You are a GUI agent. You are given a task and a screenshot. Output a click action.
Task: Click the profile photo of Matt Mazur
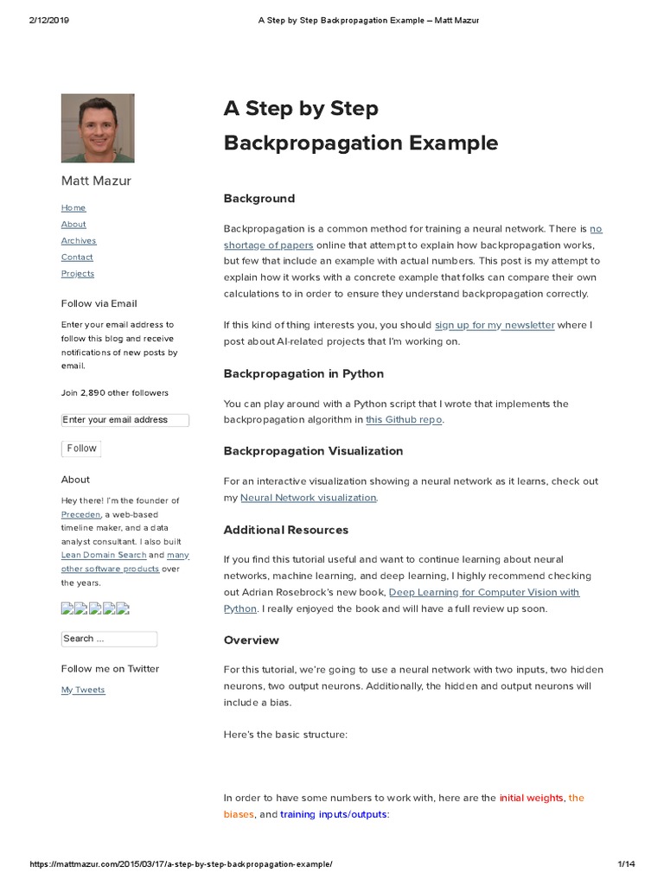(98, 128)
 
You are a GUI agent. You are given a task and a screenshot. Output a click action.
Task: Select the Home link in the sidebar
(73, 207)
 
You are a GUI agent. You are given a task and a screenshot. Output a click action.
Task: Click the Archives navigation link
(79, 241)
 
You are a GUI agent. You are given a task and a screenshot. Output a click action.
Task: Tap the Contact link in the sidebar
(77, 258)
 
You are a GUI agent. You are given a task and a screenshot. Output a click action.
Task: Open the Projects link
(78, 274)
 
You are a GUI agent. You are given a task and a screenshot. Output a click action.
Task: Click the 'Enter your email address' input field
(124, 420)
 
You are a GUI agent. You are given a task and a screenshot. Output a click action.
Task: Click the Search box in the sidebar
(109, 639)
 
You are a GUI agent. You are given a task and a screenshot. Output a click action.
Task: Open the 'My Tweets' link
(83, 690)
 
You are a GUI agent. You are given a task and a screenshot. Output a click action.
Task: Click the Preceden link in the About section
(81, 514)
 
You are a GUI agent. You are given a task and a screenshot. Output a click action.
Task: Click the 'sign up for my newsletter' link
(495, 325)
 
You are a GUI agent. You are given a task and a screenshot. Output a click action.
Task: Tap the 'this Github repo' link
(404, 420)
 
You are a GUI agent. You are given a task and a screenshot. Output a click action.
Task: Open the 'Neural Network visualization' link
(308, 498)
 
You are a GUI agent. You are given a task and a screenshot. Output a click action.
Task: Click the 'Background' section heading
(259, 199)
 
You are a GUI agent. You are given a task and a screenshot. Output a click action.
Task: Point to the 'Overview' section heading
(252, 640)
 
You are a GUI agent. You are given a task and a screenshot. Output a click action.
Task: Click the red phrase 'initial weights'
(531, 799)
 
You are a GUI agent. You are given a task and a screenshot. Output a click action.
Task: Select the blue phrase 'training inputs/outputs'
(335, 815)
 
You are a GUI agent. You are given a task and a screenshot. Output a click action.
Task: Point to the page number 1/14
(626, 864)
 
